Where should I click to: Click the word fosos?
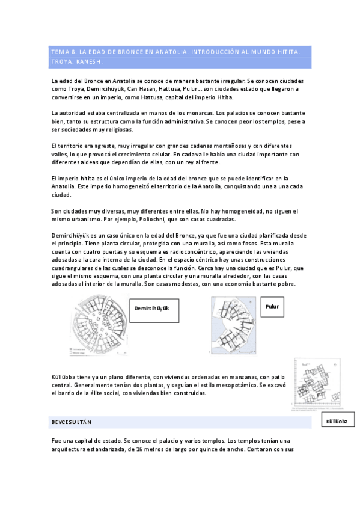[x=237, y=244]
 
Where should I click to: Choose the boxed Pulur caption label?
[x=272, y=307]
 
